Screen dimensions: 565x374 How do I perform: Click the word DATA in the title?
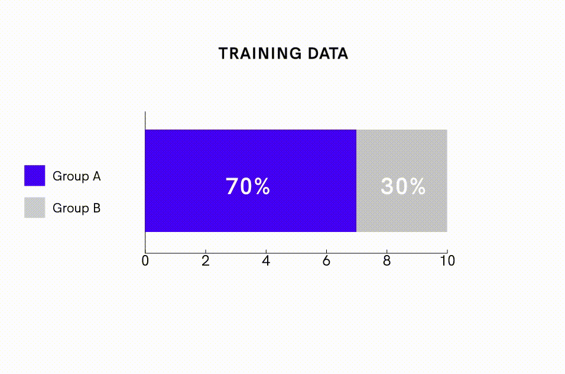[328, 53]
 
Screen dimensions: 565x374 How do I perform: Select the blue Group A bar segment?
[251, 180]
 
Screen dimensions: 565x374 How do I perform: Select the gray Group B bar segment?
[402, 180]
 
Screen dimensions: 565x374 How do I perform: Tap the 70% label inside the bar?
[248, 186]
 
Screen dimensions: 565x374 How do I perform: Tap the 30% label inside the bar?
[403, 186]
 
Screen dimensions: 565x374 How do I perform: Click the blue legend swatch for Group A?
[35, 176]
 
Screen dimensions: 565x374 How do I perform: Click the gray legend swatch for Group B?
[35, 207]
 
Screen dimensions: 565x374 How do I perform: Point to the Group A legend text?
[76, 176]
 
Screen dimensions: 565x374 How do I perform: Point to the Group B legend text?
[76, 208]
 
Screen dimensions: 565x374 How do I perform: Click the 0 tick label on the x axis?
[145, 261]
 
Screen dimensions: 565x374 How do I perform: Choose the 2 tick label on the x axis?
[206, 261]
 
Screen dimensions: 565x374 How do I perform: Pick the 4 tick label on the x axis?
[266, 261]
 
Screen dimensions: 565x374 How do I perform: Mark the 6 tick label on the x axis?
[326, 261]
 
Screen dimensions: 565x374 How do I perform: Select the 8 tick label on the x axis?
[387, 261]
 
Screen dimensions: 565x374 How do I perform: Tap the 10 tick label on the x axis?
[447, 261]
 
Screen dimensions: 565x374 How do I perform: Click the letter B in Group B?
[96, 208]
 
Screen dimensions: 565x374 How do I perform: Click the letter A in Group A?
[96, 176]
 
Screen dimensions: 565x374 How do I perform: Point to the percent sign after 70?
[262, 186]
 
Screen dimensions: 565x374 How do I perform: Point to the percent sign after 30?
[418, 186]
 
